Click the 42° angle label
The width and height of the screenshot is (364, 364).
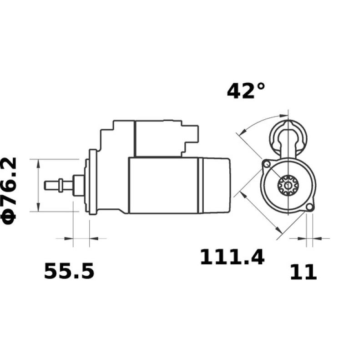[246, 91]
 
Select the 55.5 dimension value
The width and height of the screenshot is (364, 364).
[69, 272]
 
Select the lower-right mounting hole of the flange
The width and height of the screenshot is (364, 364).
[309, 207]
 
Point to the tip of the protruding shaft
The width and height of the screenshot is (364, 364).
[46, 185]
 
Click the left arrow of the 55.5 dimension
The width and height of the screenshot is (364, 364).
[68, 238]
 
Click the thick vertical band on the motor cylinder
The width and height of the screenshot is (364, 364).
[199, 185]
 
